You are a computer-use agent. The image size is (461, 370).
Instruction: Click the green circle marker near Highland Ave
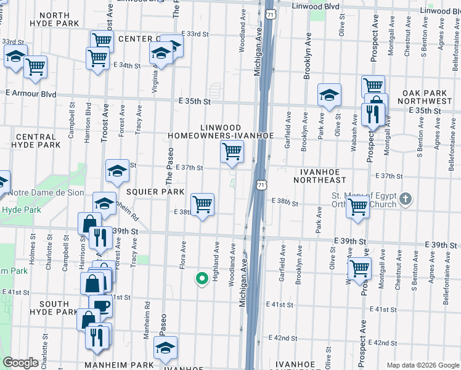click(x=201, y=279)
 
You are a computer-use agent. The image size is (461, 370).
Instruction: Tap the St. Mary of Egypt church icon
click(x=405, y=199)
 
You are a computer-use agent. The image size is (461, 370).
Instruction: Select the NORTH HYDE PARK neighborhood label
click(x=54, y=19)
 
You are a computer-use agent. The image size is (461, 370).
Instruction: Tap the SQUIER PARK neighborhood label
click(x=155, y=192)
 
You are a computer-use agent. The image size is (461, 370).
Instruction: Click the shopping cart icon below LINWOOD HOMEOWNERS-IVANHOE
click(x=232, y=150)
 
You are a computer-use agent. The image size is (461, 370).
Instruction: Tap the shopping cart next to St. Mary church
click(x=357, y=207)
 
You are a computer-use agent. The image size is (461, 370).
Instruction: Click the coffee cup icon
click(x=101, y=305)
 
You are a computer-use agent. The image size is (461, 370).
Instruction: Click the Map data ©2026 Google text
click(x=422, y=365)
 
